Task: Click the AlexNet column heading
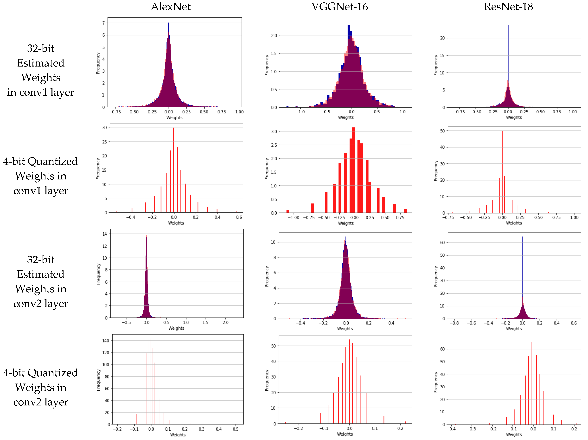[171, 7]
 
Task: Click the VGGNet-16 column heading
[339, 7]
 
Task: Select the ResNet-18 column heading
[508, 7]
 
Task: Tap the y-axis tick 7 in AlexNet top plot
[103, 23]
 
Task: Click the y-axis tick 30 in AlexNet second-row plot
[104, 128]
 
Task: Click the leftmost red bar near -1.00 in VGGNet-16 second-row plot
[288, 211]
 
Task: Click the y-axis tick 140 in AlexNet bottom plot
[106, 341]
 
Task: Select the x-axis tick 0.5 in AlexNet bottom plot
[236, 429]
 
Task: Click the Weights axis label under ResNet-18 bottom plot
[514, 434]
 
